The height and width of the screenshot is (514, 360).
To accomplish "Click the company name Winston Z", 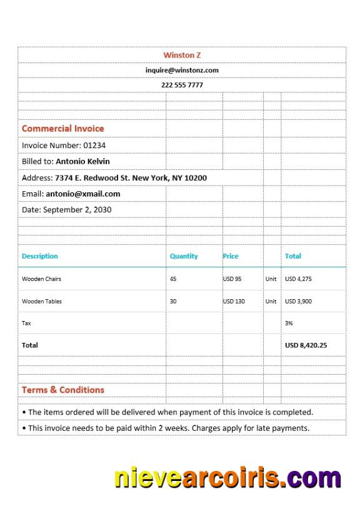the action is [182, 55].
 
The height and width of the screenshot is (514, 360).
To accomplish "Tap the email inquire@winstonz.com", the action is [182, 71].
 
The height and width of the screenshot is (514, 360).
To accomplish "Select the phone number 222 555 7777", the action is [182, 85].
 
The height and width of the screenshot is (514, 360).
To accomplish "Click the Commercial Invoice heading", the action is [62, 129].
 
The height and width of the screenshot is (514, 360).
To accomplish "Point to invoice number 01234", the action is [94, 146].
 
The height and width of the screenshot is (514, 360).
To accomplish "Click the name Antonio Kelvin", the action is [82, 161].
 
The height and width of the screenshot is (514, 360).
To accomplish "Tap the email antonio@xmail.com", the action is [82, 194].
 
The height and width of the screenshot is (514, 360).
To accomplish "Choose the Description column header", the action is [39, 256].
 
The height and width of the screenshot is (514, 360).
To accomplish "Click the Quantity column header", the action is [184, 256].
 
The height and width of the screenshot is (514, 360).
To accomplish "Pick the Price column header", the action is [231, 256].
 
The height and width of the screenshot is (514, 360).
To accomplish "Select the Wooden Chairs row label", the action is [41, 279].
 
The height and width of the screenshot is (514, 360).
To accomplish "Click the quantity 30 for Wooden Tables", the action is [173, 301].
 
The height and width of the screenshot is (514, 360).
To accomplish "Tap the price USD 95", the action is [232, 279].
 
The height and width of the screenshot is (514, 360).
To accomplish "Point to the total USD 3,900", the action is [298, 301].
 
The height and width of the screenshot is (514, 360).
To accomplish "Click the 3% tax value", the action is [289, 323].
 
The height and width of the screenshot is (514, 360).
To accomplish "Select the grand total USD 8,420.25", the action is [306, 345].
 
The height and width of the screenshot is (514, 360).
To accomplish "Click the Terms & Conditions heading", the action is [62, 390].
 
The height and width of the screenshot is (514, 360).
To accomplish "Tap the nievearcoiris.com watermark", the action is [227, 478].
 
